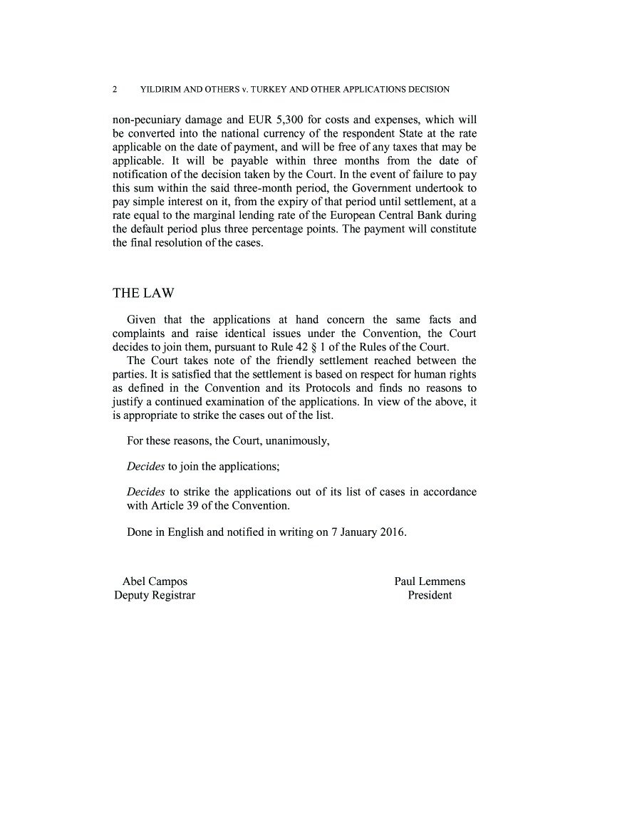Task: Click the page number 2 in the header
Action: (115, 90)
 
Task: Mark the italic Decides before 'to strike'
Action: (146, 492)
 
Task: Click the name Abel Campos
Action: (155, 581)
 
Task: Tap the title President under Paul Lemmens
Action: (430, 595)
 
